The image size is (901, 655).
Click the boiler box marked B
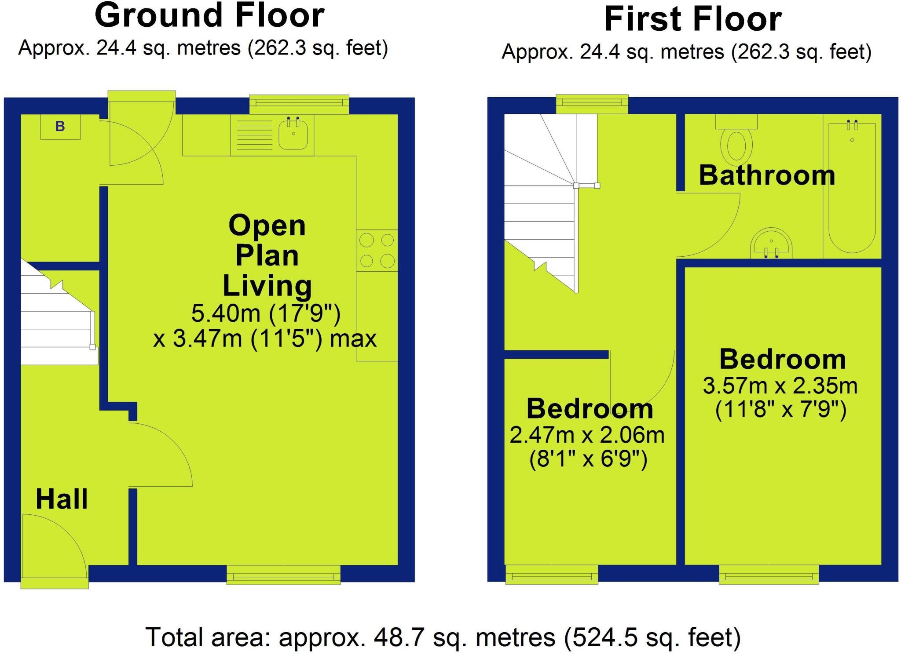[60, 127]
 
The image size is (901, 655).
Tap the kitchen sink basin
[293, 133]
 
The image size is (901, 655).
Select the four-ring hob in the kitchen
[377, 251]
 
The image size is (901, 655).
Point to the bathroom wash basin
[771, 244]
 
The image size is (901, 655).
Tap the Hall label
[62, 499]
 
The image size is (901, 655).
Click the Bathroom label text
[767, 175]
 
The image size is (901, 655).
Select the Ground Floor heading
[209, 16]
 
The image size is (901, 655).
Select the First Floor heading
[693, 19]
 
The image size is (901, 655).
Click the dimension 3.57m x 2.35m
[780, 386]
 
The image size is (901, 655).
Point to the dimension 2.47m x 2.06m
[587, 435]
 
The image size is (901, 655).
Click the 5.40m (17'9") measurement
[266, 313]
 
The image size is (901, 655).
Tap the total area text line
[443, 637]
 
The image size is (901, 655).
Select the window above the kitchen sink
[299, 103]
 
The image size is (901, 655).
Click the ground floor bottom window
[283, 575]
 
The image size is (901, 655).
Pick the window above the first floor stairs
[592, 104]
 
